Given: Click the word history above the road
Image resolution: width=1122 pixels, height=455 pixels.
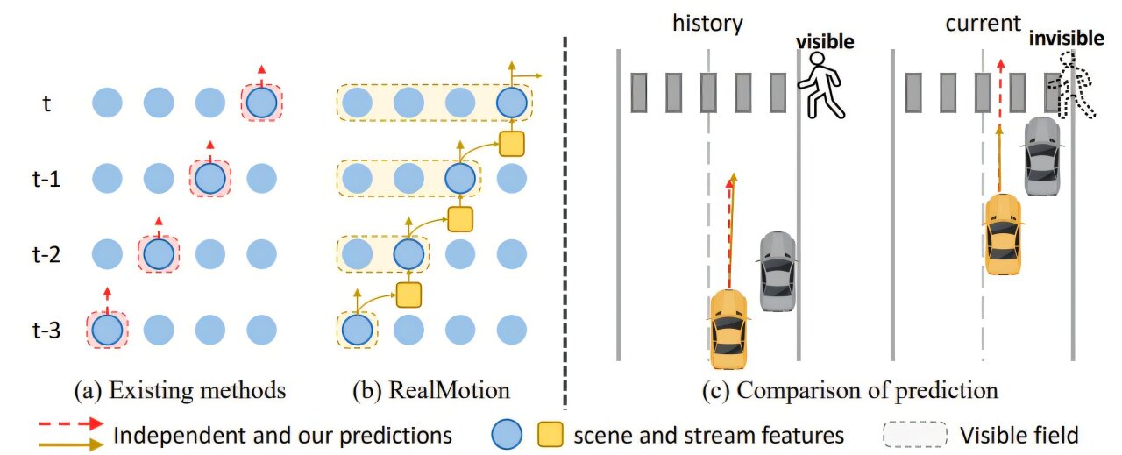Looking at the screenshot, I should click(707, 24).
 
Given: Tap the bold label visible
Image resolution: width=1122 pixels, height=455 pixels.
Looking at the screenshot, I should click(825, 40).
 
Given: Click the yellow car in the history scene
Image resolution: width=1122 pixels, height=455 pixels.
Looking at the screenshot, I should click(729, 328).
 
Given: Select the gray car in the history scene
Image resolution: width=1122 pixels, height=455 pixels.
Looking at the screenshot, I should click(777, 271).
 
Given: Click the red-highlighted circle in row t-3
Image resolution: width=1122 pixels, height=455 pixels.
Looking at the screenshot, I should click(107, 331).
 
